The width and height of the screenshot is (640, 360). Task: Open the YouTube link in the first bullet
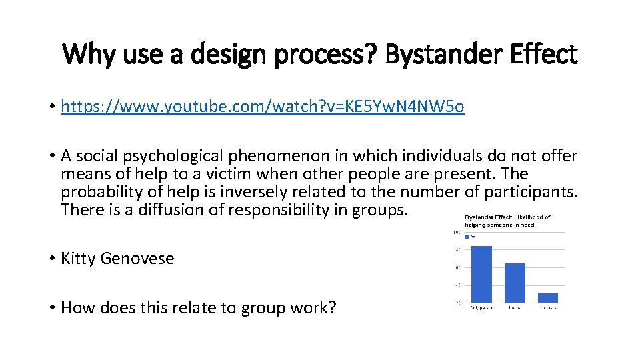[x=263, y=107]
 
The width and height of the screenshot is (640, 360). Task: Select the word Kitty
[x=78, y=259]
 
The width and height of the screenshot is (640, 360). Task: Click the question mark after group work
[x=332, y=308]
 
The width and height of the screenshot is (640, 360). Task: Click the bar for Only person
[x=481, y=274]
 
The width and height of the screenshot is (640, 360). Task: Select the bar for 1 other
[x=515, y=283]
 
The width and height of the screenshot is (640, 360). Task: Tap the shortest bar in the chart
[x=547, y=297]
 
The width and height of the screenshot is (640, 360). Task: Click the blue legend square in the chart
[x=467, y=236]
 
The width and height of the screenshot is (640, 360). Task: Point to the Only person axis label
[x=481, y=307]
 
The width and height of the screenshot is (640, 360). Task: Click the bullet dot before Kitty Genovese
[x=51, y=259]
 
